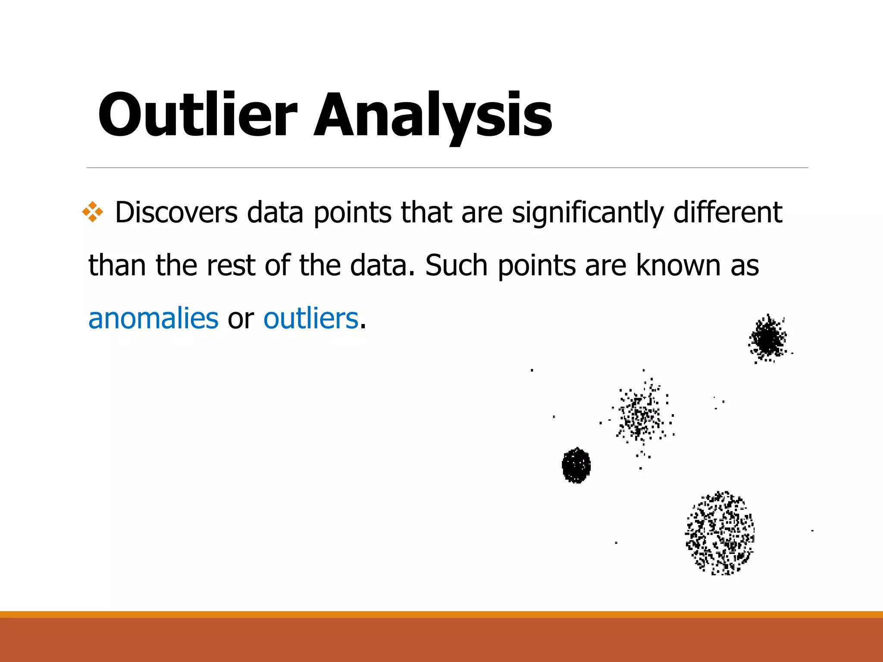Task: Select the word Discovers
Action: tap(176, 212)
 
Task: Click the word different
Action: tap(727, 212)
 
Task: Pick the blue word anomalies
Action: tap(153, 319)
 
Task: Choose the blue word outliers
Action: tap(311, 319)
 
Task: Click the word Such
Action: tap(456, 265)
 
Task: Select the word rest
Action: tap(231, 265)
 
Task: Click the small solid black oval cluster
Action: tap(576, 465)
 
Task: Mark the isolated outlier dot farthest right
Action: tap(812, 531)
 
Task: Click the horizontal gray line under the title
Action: tap(447, 168)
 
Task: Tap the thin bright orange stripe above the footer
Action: tap(441, 614)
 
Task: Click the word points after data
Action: tap(353, 213)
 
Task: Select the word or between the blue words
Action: tap(241, 319)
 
